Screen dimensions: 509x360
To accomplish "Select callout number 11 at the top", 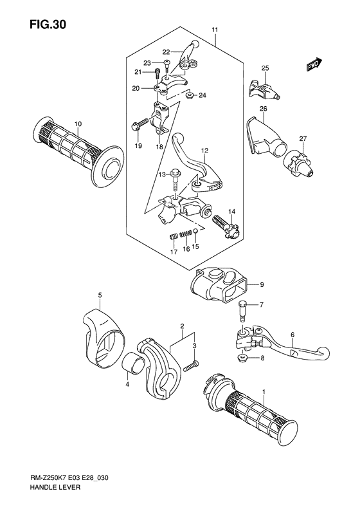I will (215, 30).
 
